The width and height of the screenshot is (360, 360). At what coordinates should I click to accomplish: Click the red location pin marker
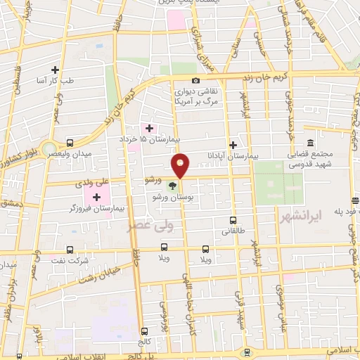coord(181,165)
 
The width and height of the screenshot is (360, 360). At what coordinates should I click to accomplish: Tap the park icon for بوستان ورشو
coord(173,186)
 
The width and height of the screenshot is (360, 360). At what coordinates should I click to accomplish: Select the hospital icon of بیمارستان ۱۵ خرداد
coord(149,127)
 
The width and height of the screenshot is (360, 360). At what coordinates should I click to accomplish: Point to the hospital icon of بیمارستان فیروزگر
coord(96,197)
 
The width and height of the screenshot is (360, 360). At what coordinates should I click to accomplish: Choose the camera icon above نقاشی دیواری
coord(195,82)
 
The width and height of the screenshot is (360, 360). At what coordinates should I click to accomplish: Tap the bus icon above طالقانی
coord(233,220)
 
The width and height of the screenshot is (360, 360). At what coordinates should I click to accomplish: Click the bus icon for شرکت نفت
coord(69,250)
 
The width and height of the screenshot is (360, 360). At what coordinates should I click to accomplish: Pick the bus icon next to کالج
coord(145,331)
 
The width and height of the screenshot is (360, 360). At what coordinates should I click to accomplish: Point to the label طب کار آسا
coord(49,80)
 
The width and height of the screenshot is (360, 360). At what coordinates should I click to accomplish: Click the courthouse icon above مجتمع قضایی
coord(291,142)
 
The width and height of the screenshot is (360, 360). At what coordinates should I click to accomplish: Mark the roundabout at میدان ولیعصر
coord(51,150)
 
